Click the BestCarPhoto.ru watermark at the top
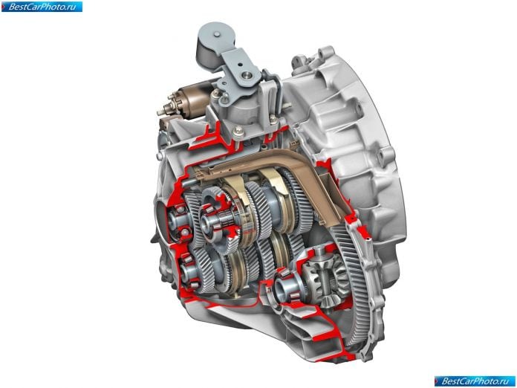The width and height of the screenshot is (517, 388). pyautogui.click(x=42, y=7)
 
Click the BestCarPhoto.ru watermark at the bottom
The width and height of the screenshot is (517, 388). pyautogui.click(x=475, y=381)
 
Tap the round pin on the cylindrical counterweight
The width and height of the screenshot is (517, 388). pyautogui.click(x=216, y=34)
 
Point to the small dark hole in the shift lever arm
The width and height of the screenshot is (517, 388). pyautogui.click(x=241, y=65)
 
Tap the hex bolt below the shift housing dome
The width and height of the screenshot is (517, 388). pyautogui.click(x=238, y=132)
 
